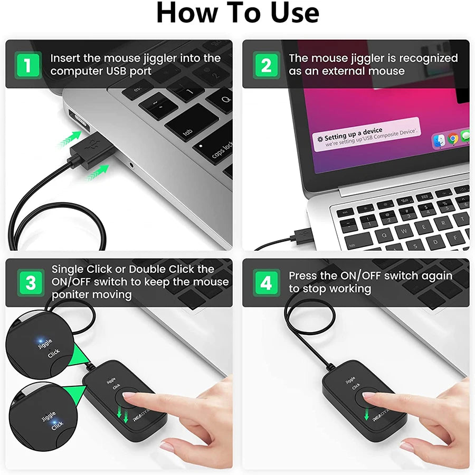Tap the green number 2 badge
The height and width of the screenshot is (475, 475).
[266, 65]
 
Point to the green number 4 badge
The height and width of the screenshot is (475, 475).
[266, 283]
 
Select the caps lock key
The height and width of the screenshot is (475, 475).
[218, 150]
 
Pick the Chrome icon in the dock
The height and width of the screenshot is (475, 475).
[452, 139]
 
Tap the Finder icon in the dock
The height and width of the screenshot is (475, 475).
[439, 140]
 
